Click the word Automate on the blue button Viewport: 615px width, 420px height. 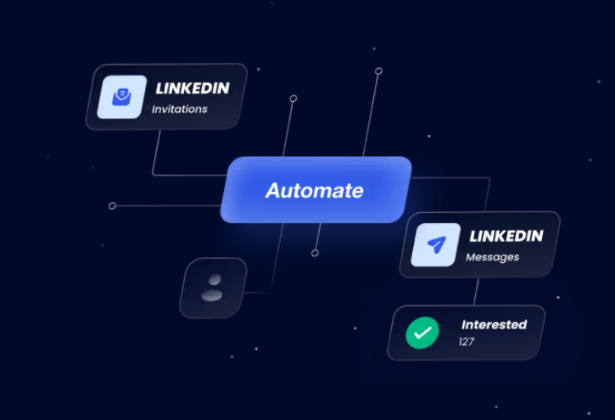[315, 191]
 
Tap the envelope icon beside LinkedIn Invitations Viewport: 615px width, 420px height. [121, 97]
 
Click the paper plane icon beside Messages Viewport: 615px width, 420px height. [436, 244]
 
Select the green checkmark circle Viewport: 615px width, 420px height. [422, 333]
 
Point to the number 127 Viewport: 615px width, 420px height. [467, 342]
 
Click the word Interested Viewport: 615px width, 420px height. [495, 325]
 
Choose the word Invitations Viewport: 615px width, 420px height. [180, 109]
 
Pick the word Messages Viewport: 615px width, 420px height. [493, 257]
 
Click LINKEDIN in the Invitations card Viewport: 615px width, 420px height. [193, 88]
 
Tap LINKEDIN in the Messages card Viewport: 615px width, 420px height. [506, 236]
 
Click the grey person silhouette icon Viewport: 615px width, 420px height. [212, 288]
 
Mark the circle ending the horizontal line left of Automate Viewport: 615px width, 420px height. [112, 206]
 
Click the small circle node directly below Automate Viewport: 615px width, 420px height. [315, 253]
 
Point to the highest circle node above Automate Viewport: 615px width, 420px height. [378, 71]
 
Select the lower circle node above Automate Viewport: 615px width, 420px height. [294, 98]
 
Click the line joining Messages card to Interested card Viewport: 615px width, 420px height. [476, 291]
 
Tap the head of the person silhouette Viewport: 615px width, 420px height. [215, 280]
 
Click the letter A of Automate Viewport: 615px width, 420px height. [274, 191]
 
